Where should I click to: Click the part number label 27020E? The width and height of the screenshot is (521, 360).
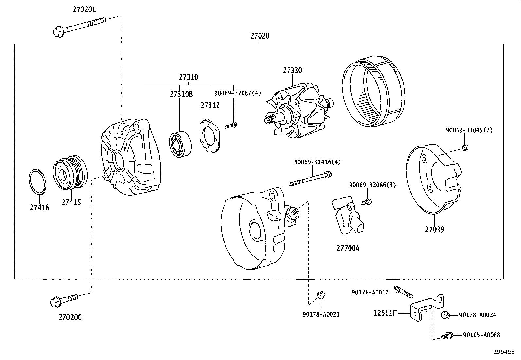pos(84,9)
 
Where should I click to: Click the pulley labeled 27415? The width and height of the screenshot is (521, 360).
pos(70,174)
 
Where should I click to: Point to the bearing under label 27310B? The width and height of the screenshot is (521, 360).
pos(180,144)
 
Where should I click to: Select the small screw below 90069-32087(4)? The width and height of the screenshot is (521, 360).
pos(231,125)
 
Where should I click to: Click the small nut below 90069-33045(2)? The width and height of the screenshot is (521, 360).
pos(465,147)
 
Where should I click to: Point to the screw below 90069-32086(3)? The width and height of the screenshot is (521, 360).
pos(366,202)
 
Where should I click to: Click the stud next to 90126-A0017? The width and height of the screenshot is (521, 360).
pos(402,291)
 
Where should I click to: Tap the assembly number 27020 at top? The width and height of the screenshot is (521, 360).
pos(260,36)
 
